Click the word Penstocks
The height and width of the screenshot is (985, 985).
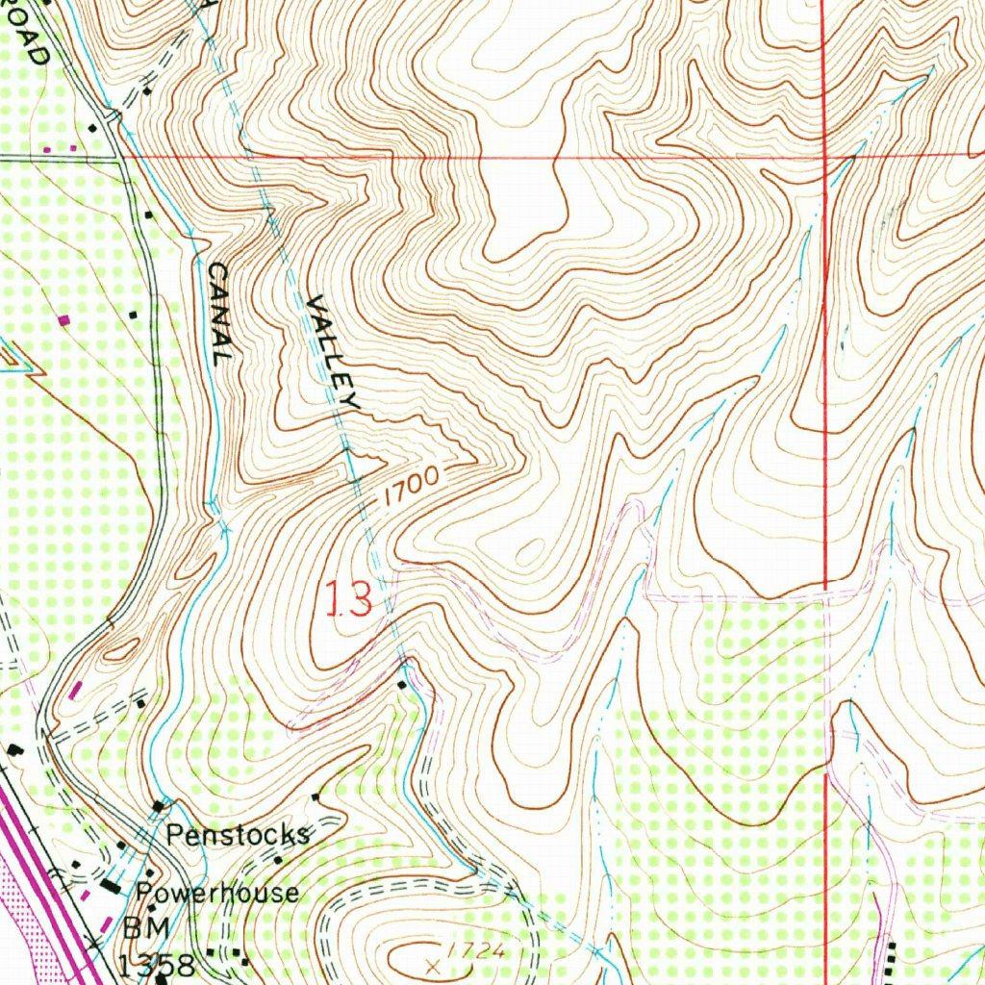coord(238,834)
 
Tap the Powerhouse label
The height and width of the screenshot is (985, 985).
coord(216,893)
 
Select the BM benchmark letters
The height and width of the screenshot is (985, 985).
coord(144,930)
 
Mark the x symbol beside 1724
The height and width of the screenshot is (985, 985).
coord(433,962)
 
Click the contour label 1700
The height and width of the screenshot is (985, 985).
coord(408,487)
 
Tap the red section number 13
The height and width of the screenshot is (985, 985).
coord(348,600)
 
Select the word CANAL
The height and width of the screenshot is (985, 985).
coord(219,313)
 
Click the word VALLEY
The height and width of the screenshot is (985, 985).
coord(333,353)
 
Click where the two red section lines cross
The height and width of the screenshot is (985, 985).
coord(825,155)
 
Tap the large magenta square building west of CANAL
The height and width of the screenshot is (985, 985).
coord(65,318)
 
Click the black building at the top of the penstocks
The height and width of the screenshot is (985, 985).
coord(159,804)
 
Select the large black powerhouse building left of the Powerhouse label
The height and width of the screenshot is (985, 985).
coord(114,884)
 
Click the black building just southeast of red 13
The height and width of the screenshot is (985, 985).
coord(402,684)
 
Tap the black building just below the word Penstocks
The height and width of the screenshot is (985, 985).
coord(277,859)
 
